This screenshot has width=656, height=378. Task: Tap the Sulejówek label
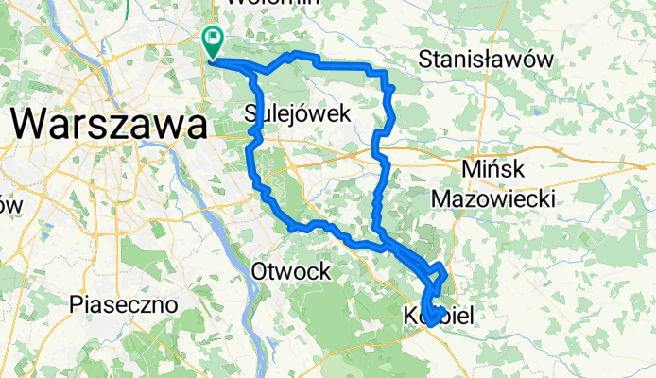[x=298, y=113]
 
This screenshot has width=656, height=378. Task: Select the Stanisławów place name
[x=486, y=59]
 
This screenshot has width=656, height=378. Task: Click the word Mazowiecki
[x=492, y=198]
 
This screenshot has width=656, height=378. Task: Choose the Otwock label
[x=291, y=272]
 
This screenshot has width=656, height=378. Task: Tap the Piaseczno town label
[x=125, y=305]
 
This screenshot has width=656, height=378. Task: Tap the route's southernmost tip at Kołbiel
[x=429, y=324]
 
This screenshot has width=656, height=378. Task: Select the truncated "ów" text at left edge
[x=9, y=204]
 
